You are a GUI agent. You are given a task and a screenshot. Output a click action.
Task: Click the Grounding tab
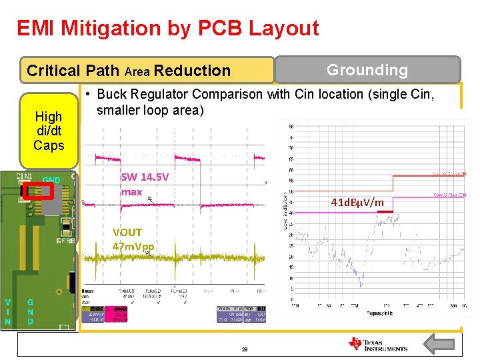(367, 69)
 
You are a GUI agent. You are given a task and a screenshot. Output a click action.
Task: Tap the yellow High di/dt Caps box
(49, 131)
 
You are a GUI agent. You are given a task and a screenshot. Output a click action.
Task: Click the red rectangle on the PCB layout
(38, 191)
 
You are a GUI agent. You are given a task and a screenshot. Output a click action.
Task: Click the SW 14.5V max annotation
(145, 184)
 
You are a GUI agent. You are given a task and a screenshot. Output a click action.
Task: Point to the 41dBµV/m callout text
(357, 201)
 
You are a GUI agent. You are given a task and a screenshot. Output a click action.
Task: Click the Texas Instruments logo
(377, 344)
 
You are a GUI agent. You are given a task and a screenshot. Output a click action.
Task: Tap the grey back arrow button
(439, 345)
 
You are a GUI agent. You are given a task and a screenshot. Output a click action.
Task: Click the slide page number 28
(245, 349)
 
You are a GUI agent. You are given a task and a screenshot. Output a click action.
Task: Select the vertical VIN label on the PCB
(7, 312)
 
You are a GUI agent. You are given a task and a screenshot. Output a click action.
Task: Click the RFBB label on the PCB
(66, 241)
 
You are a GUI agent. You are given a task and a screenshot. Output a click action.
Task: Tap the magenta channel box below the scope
(117, 309)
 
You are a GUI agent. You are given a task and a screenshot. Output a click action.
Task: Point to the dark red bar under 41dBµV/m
(385, 211)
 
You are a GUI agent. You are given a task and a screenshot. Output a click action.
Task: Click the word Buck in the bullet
(111, 95)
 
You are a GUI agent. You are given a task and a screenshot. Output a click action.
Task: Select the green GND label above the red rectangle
(51, 180)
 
